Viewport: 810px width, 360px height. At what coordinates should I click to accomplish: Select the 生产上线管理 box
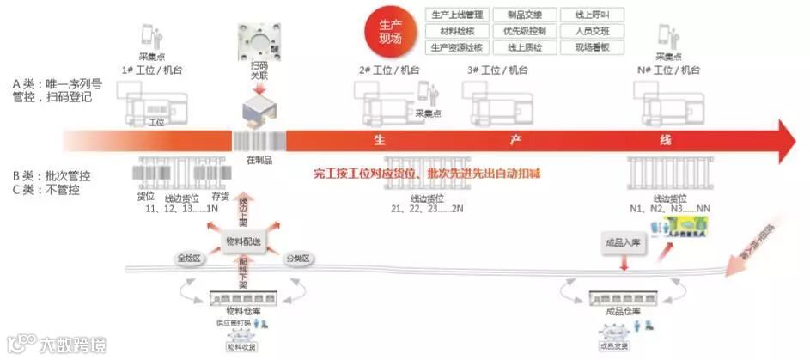[456, 15]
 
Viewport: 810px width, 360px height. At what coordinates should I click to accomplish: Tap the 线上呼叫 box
[592, 15]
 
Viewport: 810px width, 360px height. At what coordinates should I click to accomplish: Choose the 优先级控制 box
[524, 31]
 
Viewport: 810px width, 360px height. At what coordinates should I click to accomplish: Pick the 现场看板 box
[592, 46]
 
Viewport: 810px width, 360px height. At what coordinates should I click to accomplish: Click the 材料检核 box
[456, 31]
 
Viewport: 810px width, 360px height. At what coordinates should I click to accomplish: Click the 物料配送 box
[243, 240]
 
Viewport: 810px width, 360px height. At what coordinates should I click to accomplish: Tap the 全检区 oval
[187, 257]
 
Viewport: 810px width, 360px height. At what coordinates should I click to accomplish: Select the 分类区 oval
[300, 257]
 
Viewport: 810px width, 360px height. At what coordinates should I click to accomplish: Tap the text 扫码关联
[260, 69]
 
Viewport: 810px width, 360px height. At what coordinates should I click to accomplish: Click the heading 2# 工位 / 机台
[389, 70]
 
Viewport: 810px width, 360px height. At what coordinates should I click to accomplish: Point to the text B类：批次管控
[52, 176]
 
